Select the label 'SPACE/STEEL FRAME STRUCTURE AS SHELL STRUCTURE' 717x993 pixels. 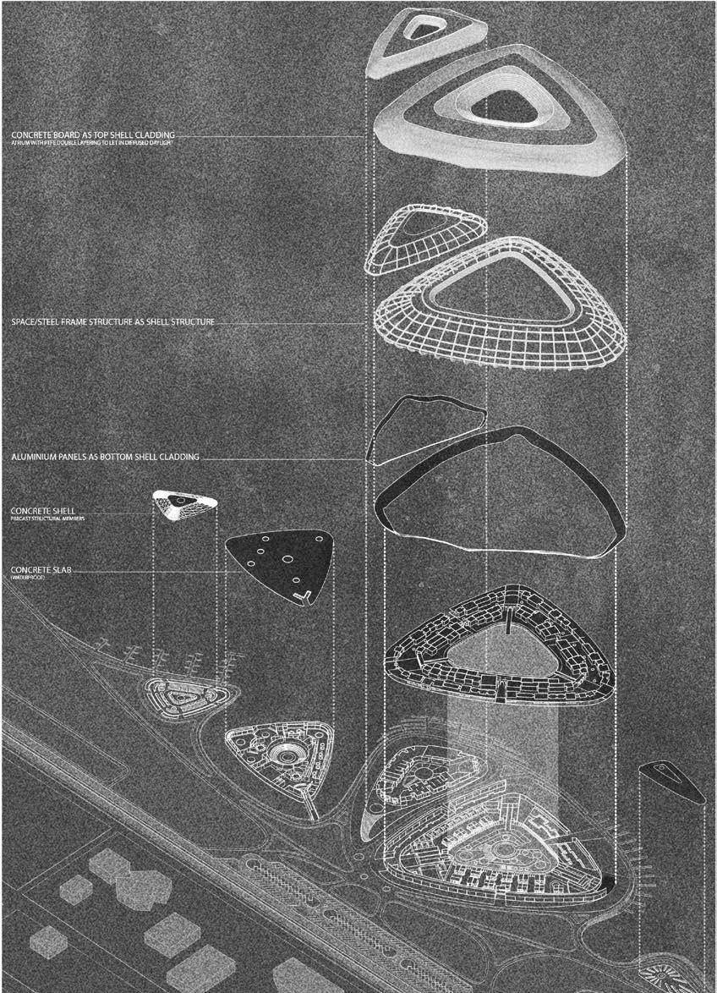click(x=112, y=322)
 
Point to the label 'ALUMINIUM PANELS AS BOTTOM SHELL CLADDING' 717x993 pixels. click(x=105, y=457)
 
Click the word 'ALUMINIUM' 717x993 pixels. click(x=36, y=457)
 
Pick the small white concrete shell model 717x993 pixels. click(x=184, y=505)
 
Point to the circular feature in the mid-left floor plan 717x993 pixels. click(x=282, y=754)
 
